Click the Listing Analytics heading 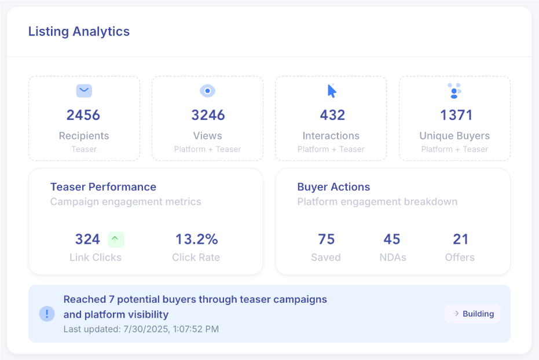pyautogui.click(x=79, y=31)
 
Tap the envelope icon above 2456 pyautogui.click(x=84, y=90)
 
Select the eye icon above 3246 pyautogui.click(x=207, y=91)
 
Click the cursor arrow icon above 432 pyautogui.click(x=332, y=91)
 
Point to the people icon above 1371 pyautogui.click(x=454, y=91)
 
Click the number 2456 pyautogui.click(x=83, y=115)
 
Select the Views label pyautogui.click(x=207, y=136)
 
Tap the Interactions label pyautogui.click(x=331, y=136)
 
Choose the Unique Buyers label pyautogui.click(x=454, y=136)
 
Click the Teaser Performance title pyautogui.click(x=103, y=187)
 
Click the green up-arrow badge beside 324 pyautogui.click(x=116, y=238)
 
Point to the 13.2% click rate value pyautogui.click(x=196, y=239)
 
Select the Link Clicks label pyautogui.click(x=96, y=258)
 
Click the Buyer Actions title pyautogui.click(x=333, y=187)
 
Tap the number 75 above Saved pyautogui.click(x=327, y=239)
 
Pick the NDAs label pyautogui.click(x=392, y=258)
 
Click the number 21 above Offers pyautogui.click(x=460, y=239)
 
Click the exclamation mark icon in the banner pyautogui.click(x=47, y=314)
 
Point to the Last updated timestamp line pyautogui.click(x=141, y=329)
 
